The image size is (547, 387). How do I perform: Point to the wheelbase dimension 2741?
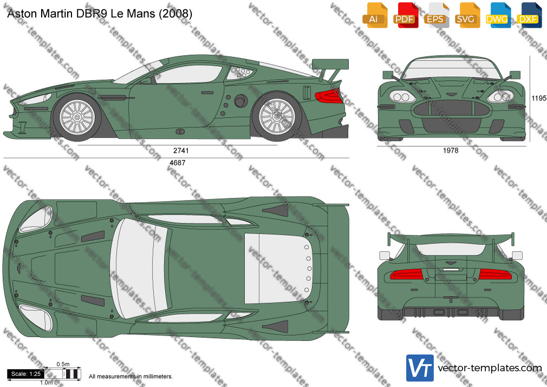point(181,151)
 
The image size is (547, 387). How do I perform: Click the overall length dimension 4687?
point(177,163)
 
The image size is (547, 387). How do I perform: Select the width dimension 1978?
point(451,151)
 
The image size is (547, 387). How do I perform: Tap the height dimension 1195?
point(539,98)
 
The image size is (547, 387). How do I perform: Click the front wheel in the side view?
point(77,118)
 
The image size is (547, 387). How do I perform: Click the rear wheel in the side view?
point(277,117)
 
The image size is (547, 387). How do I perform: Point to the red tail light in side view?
point(329,96)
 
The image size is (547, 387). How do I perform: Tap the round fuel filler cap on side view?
point(240,101)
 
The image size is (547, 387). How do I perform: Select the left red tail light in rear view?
point(406,275)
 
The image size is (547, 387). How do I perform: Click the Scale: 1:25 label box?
point(26,374)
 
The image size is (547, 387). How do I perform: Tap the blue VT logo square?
point(420,368)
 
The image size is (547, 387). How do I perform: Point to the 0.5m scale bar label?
point(63,364)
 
